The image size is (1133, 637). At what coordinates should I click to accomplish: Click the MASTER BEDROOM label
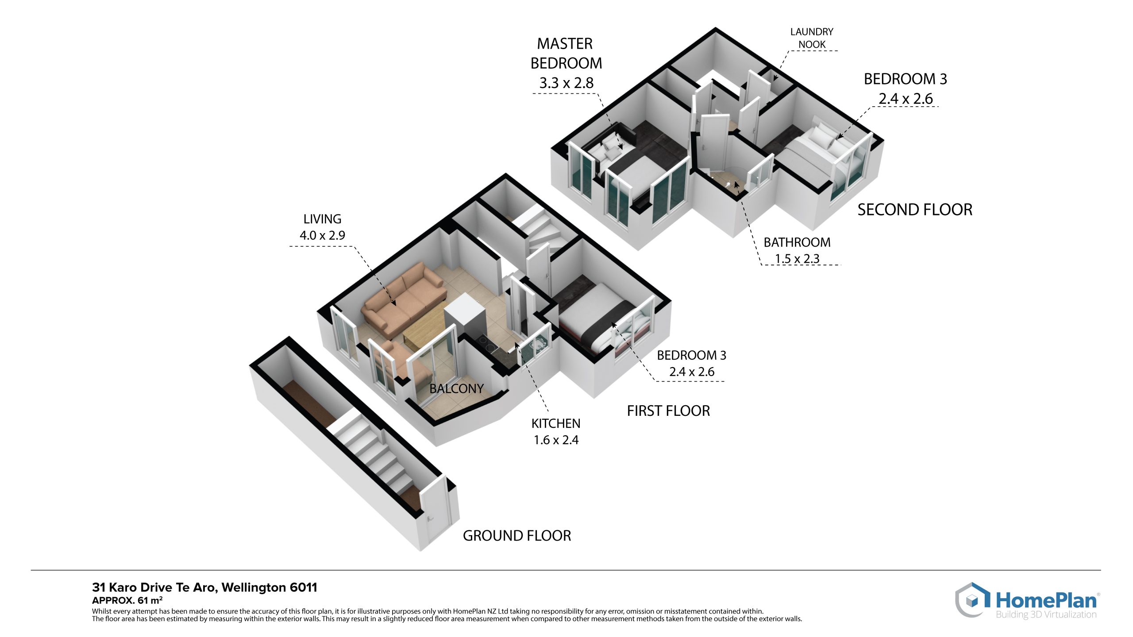(x=566, y=54)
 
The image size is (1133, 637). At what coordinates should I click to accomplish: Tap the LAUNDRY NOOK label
(x=812, y=38)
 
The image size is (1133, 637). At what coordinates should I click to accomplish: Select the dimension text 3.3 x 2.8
(x=566, y=83)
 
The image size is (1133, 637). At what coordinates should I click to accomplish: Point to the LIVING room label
(x=322, y=219)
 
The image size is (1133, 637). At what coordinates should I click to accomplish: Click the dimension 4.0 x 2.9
(x=322, y=235)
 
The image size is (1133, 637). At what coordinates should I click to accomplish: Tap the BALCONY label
(x=456, y=388)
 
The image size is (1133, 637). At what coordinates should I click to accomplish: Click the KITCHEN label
(x=556, y=423)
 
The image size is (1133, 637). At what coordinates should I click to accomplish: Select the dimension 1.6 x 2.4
(x=556, y=440)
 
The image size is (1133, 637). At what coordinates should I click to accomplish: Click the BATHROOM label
(x=797, y=242)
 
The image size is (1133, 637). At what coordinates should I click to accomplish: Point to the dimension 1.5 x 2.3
(x=797, y=259)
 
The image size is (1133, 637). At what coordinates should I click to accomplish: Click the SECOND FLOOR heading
(x=915, y=210)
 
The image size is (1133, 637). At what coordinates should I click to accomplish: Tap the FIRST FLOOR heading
(x=668, y=411)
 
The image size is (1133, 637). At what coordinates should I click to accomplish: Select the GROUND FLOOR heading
(x=517, y=536)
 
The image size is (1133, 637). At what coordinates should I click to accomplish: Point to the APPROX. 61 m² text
(x=127, y=600)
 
